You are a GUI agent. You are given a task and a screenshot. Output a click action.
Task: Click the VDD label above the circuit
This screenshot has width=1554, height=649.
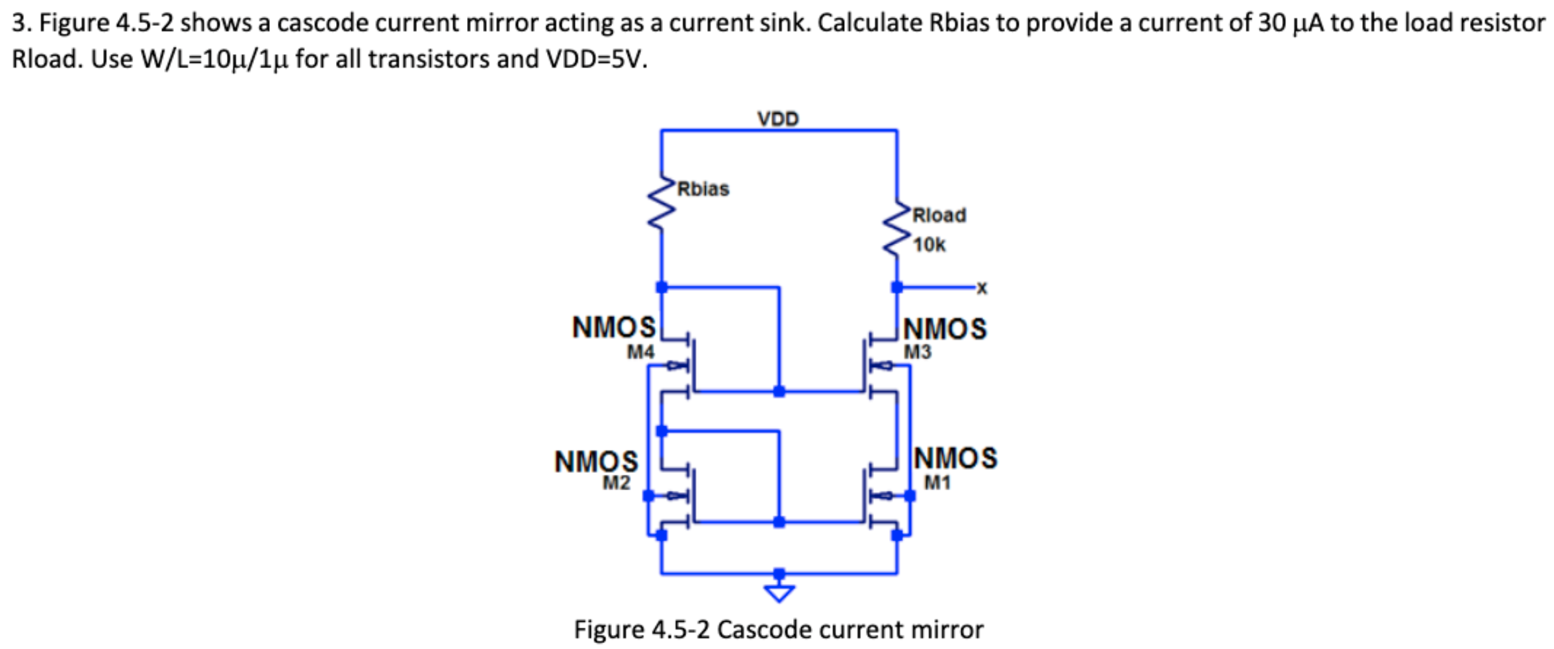[778, 119]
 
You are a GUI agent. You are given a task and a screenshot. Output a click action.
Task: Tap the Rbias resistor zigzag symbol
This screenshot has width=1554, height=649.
[661, 205]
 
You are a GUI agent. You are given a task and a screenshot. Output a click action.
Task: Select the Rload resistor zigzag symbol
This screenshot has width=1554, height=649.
[897, 229]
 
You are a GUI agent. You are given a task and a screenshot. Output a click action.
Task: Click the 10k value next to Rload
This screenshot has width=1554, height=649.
[929, 245]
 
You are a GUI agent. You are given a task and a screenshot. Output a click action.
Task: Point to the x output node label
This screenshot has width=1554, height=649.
[982, 288]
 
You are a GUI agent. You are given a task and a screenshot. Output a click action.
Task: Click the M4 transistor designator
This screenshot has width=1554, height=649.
[640, 352]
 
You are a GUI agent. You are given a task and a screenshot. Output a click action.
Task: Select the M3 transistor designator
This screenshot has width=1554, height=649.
[918, 352]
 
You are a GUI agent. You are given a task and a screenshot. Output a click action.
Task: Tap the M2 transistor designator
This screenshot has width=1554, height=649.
[616, 483]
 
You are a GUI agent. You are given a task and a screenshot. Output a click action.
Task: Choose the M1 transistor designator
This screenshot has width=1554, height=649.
[937, 483]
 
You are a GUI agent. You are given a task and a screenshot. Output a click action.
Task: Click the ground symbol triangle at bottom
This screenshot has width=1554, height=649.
[779, 592]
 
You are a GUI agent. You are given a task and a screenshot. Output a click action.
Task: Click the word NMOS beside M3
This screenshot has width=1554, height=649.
[945, 329]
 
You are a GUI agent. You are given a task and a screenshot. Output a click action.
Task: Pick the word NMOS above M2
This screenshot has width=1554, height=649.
[596, 461]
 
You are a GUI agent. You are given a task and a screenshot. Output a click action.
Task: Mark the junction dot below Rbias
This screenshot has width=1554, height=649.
[661, 287]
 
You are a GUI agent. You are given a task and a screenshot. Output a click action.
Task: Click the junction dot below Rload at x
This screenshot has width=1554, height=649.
[897, 287]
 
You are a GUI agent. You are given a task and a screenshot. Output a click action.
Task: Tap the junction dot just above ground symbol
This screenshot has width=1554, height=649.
[779, 573]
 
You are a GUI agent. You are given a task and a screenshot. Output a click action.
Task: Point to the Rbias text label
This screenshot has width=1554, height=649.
[703, 189]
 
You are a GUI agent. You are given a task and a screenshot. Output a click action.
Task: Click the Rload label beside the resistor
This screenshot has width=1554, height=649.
[939, 215]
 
